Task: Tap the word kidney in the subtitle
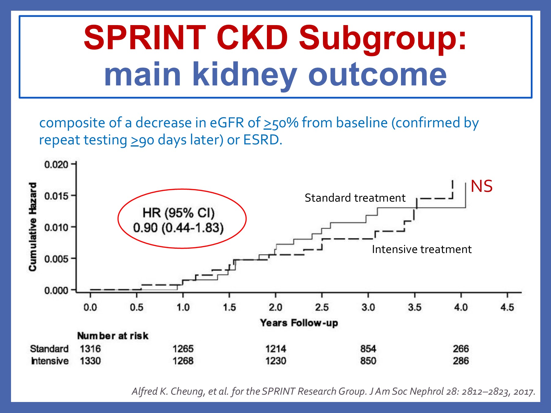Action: (x=244, y=74)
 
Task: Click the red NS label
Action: (x=481, y=186)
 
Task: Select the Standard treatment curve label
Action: (x=355, y=198)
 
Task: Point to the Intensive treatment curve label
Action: (x=421, y=249)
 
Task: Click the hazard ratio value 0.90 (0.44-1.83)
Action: (x=178, y=228)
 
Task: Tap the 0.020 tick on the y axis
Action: (x=56, y=165)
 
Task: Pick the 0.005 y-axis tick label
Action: (x=56, y=259)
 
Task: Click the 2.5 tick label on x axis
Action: (x=322, y=307)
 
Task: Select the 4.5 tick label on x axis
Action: (x=507, y=307)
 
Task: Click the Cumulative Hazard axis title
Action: (x=33, y=227)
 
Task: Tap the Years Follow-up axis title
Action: (x=299, y=323)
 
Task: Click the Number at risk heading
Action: (x=113, y=336)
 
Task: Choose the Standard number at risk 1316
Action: (x=90, y=349)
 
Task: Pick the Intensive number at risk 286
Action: (x=461, y=361)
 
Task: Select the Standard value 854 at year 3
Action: (x=368, y=349)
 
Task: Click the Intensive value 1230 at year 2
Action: (x=275, y=361)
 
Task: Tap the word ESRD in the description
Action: (x=261, y=140)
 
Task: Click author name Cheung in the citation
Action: (x=187, y=391)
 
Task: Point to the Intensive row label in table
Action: (x=50, y=361)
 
